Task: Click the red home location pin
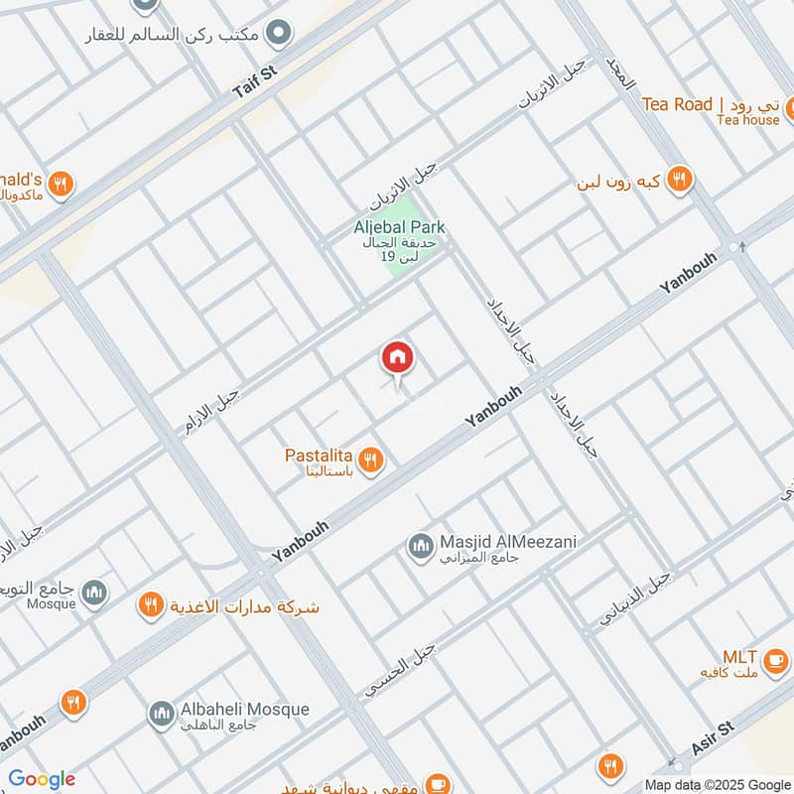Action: [x=397, y=358]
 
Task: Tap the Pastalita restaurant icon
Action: [x=372, y=460]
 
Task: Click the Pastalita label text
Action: [x=321, y=456]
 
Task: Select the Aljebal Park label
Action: [x=399, y=227]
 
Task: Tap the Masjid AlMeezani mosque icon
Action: [x=420, y=545]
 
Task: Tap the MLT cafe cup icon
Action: [x=774, y=659]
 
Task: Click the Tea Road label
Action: [x=677, y=104]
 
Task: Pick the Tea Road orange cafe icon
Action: [x=789, y=108]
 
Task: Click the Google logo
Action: [x=42, y=779]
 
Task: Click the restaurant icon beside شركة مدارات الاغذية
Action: [x=151, y=605]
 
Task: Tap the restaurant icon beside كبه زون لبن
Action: [x=679, y=180]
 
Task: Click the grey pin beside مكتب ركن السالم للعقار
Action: [x=281, y=34]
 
